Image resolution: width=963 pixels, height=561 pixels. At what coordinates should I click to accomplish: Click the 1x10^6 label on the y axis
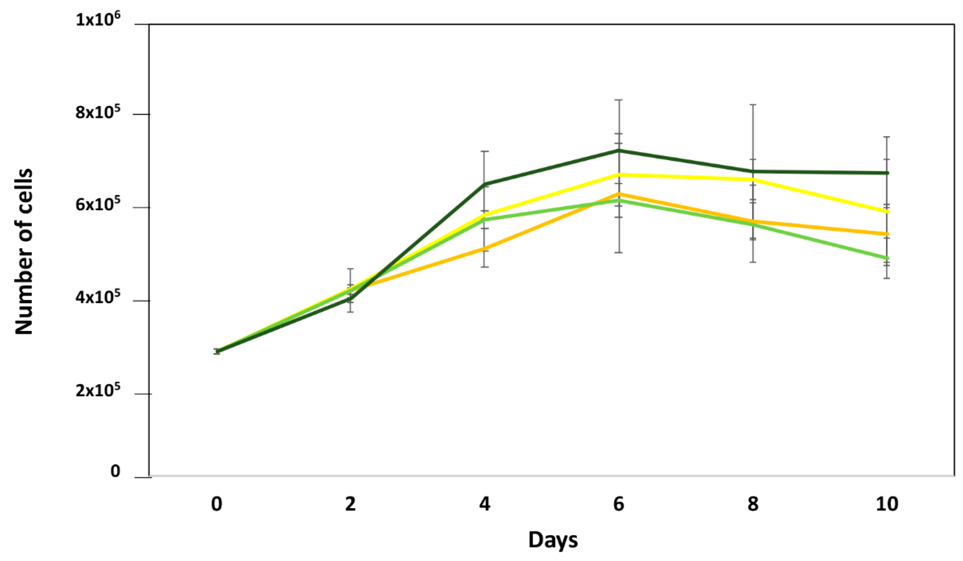(x=98, y=19)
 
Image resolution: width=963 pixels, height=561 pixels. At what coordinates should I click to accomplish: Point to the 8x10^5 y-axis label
(x=98, y=112)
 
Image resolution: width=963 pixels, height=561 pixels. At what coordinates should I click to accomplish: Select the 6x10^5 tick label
(x=98, y=205)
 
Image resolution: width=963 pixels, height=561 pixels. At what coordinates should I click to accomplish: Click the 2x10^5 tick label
(x=98, y=390)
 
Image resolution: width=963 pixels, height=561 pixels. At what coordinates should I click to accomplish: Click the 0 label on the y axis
(x=115, y=472)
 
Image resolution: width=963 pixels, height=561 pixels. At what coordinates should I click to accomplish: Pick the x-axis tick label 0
(x=217, y=504)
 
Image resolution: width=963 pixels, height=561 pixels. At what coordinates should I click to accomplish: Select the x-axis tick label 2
(x=351, y=504)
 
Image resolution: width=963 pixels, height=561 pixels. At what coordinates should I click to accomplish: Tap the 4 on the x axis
(x=485, y=504)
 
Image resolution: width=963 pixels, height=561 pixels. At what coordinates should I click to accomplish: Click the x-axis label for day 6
(x=619, y=504)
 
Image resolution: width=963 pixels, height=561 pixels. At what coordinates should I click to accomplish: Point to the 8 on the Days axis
(x=753, y=504)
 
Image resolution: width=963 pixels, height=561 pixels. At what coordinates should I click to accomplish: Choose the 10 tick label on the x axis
(x=887, y=504)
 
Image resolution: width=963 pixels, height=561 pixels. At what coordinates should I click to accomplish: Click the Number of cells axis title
(x=24, y=252)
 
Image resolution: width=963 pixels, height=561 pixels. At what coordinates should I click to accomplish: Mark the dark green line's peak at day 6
(x=619, y=151)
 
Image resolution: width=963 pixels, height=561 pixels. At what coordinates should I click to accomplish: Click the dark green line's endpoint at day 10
(x=887, y=173)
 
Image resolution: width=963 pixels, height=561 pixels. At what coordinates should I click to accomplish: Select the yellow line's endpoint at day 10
(x=887, y=211)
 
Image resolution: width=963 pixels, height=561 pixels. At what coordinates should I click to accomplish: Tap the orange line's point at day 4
(x=485, y=249)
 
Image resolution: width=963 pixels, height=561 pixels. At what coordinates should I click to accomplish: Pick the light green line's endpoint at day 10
(x=887, y=258)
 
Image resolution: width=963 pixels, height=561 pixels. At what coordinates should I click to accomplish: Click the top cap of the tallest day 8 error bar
(x=753, y=105)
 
